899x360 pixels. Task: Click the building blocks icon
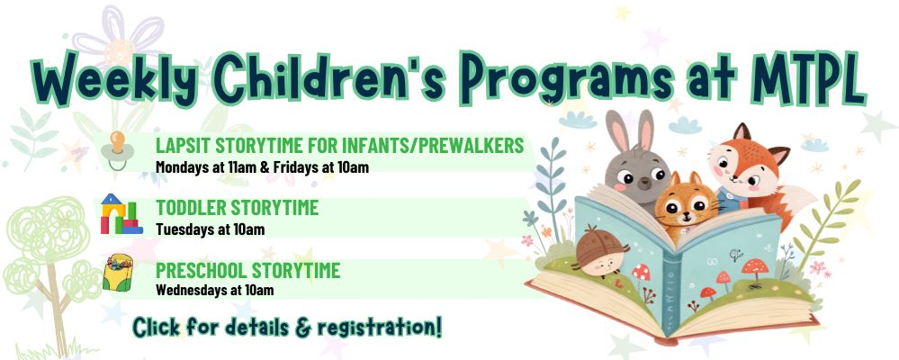pyautogui.click(x=121, y=214)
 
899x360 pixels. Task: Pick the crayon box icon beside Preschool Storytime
pyautogui.click(x=118, y=273)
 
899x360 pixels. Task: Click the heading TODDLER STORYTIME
pyautogui.click(x=237, y=208)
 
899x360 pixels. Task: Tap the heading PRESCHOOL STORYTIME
pyautogui.click(x=247, y=270)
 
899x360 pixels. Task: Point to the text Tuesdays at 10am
pyautogui.click(x=210, y=229)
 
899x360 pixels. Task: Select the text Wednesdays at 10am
pyautogui.click(x=214, y=290)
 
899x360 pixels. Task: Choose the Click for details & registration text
pyautogui.click(x=287, y=327)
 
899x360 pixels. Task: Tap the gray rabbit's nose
pyautogui.click(x=644, y=184)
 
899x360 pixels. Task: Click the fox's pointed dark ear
pyautogui.click(x=742, y=132)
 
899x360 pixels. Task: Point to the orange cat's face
pyautogui.click(x=687, y=206)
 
